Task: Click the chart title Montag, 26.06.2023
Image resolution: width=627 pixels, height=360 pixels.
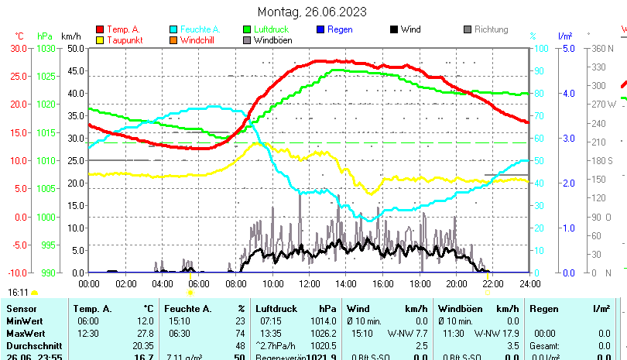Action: [313, 12]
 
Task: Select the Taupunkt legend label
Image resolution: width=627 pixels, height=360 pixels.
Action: [123, 40]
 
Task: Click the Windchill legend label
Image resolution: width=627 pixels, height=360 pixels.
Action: [199, 40]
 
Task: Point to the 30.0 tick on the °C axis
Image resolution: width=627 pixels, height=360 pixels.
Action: [19, 48]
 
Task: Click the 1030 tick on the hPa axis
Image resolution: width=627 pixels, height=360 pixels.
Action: [46, 48]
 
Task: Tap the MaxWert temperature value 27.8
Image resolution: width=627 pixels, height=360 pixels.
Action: [145, 332]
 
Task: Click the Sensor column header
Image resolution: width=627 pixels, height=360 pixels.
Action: [21, 309]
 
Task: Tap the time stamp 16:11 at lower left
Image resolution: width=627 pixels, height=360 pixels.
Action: [18, 293]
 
